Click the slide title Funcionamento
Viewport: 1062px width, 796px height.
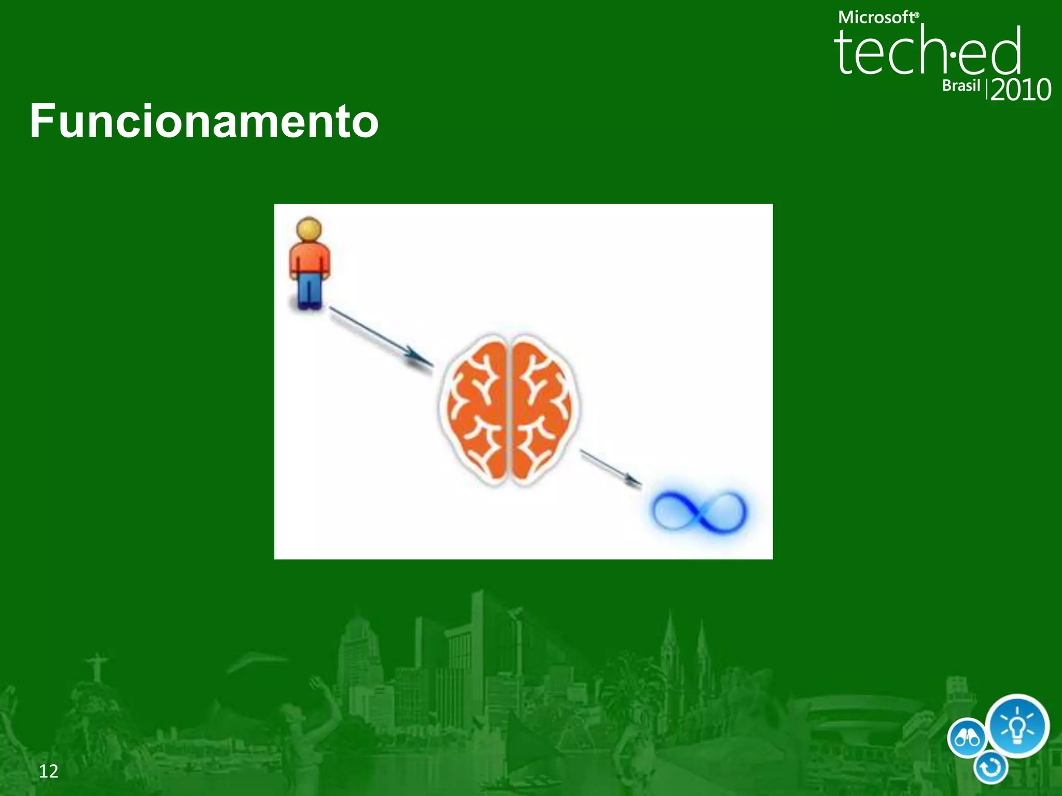204,121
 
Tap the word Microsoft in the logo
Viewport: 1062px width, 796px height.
877,18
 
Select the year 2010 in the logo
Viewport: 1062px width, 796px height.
1021,90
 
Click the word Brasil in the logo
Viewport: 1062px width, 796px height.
961,86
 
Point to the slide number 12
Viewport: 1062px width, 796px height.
49,771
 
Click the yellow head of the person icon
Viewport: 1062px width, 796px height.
309,230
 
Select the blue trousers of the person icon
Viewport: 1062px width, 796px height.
310,290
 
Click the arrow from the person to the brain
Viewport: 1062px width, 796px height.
381,337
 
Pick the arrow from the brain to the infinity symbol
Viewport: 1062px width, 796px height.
610,468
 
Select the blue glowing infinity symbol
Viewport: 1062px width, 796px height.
700,510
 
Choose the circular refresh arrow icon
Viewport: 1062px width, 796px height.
990,768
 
